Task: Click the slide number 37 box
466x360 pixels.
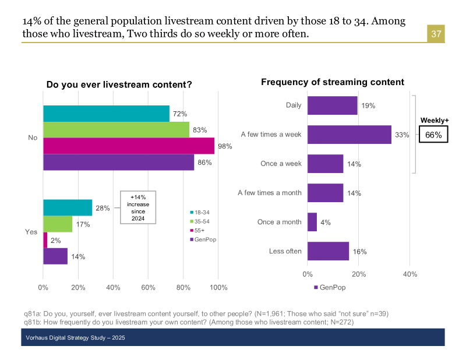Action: tap(436, 34)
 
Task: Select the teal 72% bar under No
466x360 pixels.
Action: tap(106, 114)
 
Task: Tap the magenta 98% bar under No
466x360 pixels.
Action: tap(129, 146)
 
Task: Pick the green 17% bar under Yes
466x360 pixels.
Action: tap(58, 224)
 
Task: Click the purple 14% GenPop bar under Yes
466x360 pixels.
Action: tap(55, 256)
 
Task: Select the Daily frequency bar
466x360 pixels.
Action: tap(332, 105)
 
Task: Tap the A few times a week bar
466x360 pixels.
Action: tap(349, 135)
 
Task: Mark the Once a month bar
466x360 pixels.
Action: tap(312, 222)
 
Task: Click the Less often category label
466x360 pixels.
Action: tap(285, 251)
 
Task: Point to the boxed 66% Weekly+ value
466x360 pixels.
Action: tap(434, 135)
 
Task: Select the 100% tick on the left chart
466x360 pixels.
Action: tap(218, 287)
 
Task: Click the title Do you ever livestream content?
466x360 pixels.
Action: tap(119, 85)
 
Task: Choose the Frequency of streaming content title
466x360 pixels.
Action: tap(333, 82)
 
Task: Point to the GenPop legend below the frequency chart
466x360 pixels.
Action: tap(330, 287)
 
